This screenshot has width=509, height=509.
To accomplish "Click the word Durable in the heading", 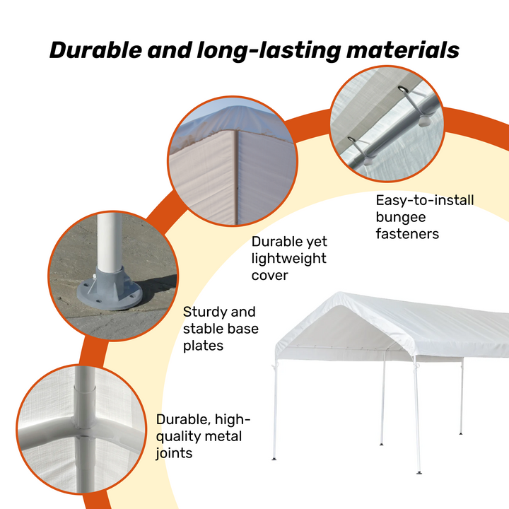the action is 95,50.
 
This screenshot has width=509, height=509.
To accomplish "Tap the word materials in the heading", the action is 403,50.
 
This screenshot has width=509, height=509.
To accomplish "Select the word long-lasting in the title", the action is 269,52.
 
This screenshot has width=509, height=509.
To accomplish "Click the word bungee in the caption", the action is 401,218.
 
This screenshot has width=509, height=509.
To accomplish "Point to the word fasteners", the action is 407,234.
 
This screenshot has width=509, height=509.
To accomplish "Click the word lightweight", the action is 289,259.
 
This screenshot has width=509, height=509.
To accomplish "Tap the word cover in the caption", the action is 270,276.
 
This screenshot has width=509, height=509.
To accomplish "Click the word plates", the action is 203,346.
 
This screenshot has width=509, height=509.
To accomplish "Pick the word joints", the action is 175,453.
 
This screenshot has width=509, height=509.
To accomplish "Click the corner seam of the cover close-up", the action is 237,177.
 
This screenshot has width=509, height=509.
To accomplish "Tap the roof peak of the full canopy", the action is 339,294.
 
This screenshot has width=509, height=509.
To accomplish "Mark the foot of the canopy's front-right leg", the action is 419,473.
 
